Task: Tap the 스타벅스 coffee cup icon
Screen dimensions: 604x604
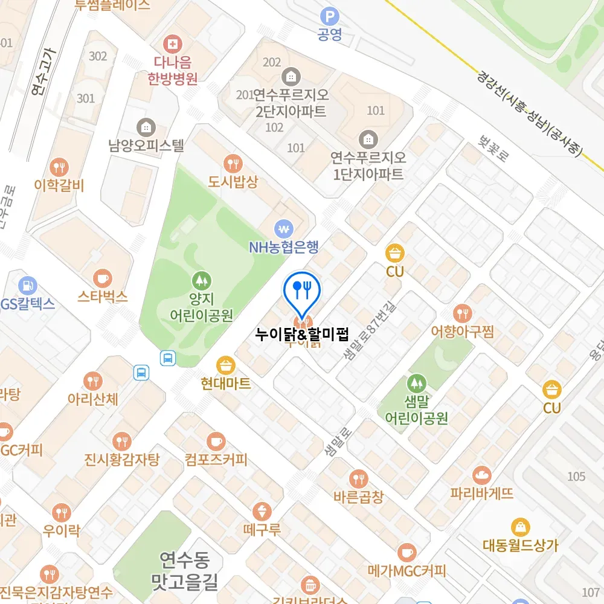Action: point(103,277)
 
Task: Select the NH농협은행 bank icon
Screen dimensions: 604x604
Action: point(283,228)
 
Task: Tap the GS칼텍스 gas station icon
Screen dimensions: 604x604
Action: point(28,284)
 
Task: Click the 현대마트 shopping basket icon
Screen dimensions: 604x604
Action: point(225,364)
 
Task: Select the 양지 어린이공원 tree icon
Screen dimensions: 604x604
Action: point(201,280)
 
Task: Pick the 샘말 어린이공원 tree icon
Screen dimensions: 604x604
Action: point(416,382)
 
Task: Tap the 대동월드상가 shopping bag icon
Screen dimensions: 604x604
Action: point(520,527)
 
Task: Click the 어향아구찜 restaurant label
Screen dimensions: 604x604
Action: point(463,331)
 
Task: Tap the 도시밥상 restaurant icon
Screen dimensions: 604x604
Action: point(233,162)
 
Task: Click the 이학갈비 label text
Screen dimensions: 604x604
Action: point(59,185)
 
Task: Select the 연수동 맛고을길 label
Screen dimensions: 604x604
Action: point(184,571)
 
